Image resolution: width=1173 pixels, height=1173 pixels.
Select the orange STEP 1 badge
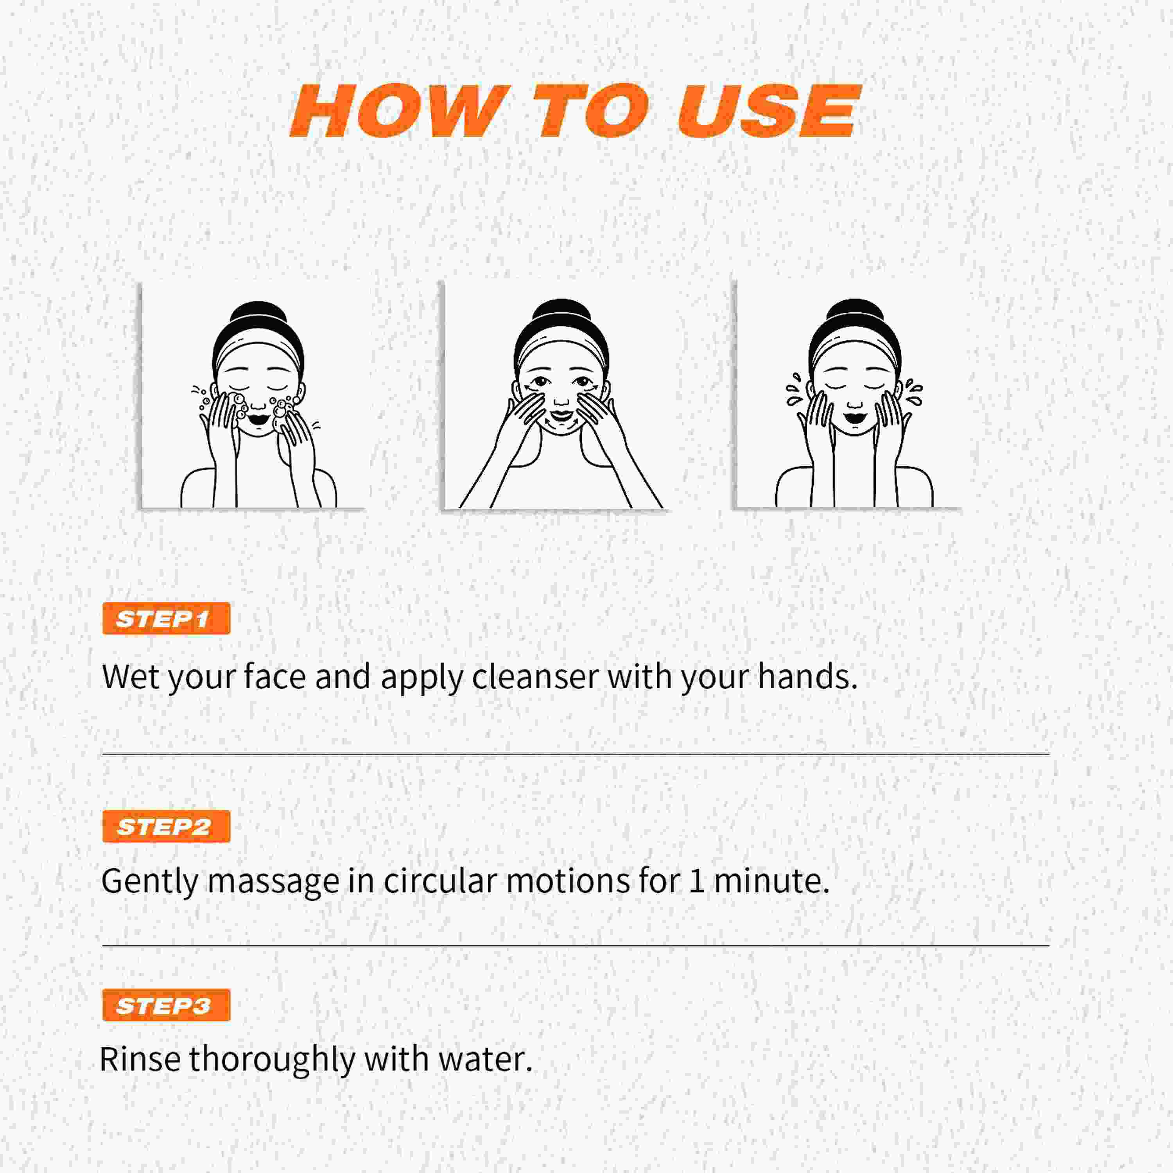pyautogui.click(x=166, y=619)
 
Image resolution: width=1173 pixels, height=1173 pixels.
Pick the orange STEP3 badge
pyautogui.click(x=166, y=1005)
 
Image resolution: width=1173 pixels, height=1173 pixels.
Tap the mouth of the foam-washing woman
pyautogui.click(x=258, y=419)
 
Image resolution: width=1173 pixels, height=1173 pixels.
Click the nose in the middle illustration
pyautogui.click(x=561, y=398)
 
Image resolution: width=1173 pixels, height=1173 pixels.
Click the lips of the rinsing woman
pyautogui.click(x=854, y=418)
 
